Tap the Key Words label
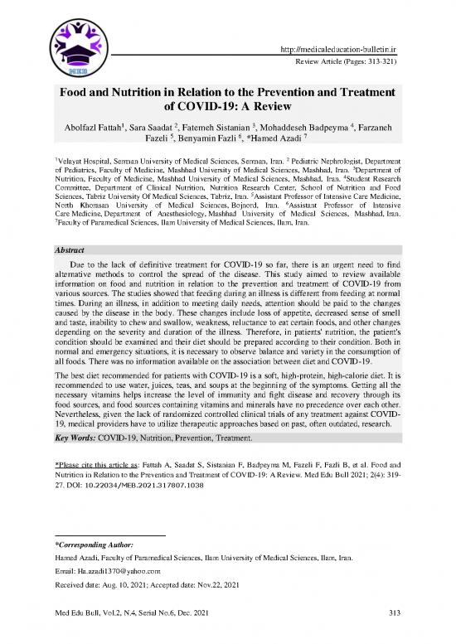coord(75,436)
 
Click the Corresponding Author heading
coord(98,545)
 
